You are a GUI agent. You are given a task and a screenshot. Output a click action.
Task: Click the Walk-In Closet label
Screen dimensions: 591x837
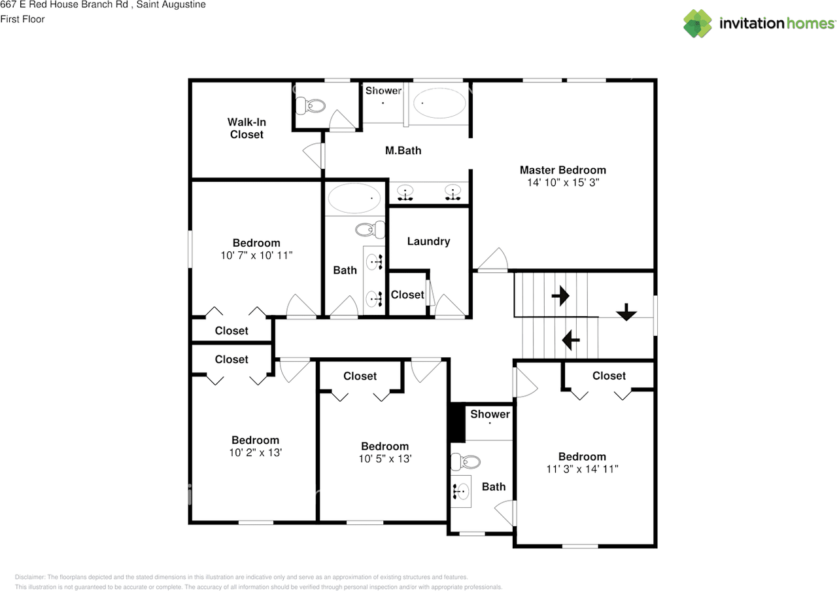coord(247,128)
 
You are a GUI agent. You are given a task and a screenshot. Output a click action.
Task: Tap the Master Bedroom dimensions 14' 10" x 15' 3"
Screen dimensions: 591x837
coord(562,183)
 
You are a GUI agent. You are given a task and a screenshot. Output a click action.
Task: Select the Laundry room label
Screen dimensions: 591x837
coord(428,242)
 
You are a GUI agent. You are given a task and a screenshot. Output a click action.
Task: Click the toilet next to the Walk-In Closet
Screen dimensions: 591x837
coord(310,105)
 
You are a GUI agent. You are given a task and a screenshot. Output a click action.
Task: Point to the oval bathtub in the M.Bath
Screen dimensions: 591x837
coord(439,103)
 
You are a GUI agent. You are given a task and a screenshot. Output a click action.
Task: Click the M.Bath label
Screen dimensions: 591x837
coord(403,151)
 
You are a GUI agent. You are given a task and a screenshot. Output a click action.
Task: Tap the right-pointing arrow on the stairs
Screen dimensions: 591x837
coord(560,296)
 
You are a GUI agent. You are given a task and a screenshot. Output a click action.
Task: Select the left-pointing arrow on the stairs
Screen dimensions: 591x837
coord(571,339)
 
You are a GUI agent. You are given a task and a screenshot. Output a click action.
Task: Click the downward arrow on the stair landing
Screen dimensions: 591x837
coord(626,312)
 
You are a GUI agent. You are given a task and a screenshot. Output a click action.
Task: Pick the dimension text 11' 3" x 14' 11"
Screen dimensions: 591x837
coord(581,469)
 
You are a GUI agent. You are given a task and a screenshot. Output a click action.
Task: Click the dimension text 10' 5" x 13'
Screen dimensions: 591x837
coord(384,459)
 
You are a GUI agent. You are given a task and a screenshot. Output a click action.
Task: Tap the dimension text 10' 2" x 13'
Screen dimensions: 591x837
coord(255,453)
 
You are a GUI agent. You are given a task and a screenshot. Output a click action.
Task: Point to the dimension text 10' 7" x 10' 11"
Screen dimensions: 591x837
coord(256,255)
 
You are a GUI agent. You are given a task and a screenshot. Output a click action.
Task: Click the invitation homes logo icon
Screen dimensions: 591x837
coord(698,24)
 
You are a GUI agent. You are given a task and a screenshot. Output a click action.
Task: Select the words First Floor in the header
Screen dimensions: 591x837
coord(22,19)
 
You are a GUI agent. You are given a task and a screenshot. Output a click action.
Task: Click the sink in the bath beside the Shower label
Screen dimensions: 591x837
coord(462,490)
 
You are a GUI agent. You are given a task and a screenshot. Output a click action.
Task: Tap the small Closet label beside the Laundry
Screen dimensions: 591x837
coord(407,295)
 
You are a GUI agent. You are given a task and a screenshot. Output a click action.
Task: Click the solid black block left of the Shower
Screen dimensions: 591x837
coord(456,423)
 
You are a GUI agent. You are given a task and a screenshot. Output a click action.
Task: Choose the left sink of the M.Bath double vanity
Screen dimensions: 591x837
coord(405,193)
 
